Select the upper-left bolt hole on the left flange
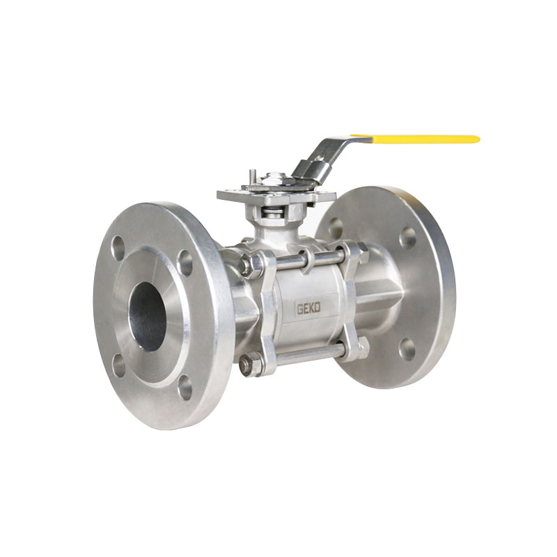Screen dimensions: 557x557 (x=118, y=248)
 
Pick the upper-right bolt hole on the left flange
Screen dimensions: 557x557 (x=185, y=262)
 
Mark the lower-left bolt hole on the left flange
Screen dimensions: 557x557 (x=119, y=365)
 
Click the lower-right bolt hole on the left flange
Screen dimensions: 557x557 (x=185, y=387)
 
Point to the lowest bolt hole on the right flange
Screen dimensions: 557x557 (x=407, y=349)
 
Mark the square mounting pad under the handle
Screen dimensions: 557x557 (x=268, y=194)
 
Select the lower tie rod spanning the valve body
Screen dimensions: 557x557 (x=306, y=354)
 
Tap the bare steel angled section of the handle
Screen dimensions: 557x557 (x=327, y=152)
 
